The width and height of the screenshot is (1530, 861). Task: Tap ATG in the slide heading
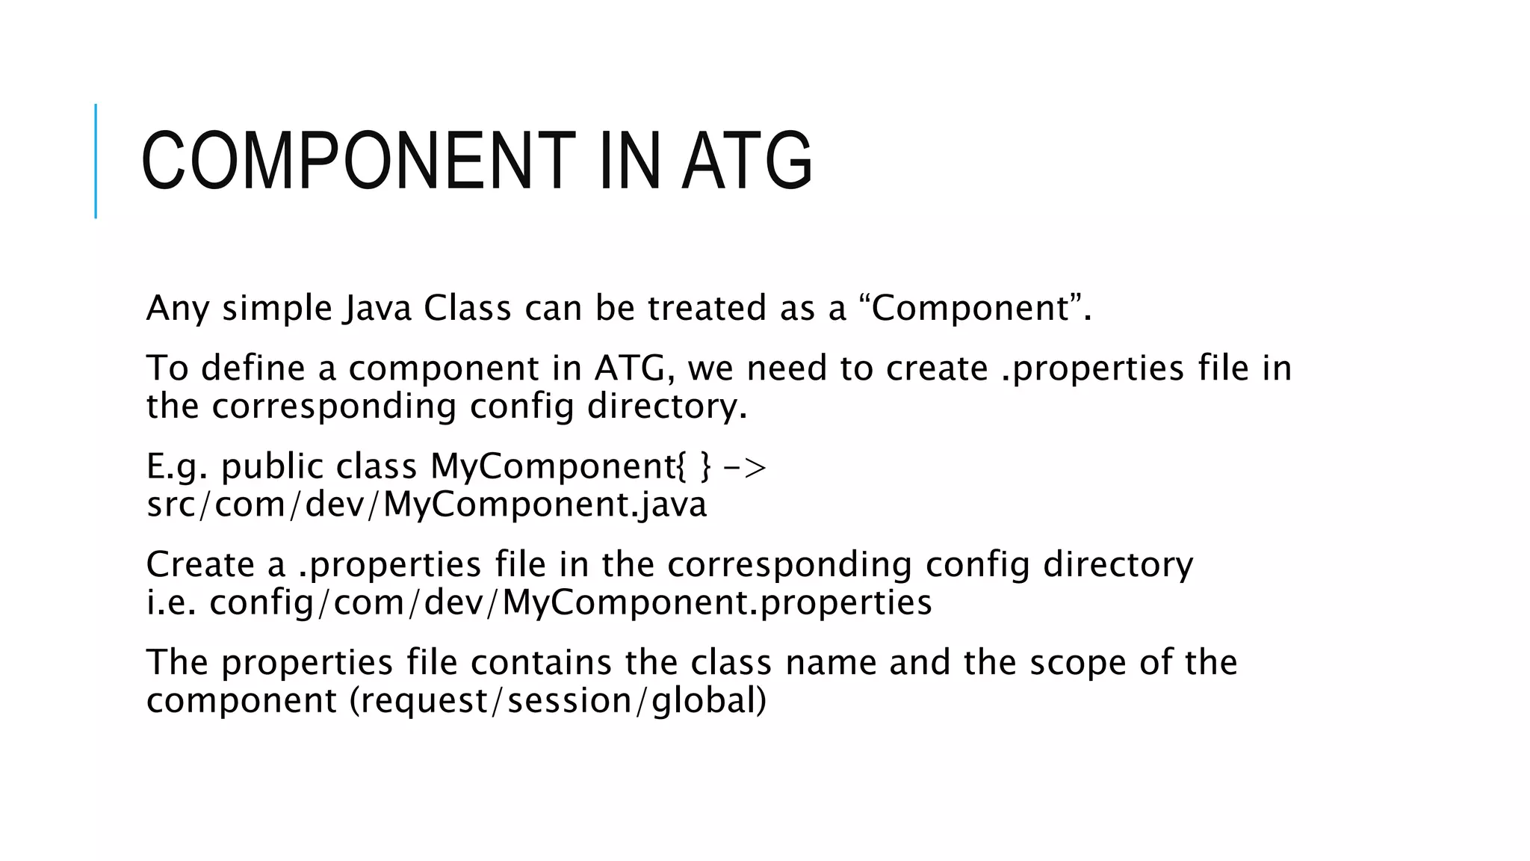(x=747, y=161)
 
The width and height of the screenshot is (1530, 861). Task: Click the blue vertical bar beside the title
(x=96, y=161)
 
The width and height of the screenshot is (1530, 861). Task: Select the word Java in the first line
(x=378, y=308)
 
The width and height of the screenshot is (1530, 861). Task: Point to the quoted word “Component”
(x=971, y=308)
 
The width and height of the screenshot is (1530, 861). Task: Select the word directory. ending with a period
(x=667, y=407)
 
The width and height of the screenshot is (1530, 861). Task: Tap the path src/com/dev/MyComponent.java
(x=427, y=504)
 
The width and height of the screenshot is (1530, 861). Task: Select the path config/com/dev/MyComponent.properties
(x=571, y=602)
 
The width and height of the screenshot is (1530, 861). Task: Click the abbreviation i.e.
(x=171, y=602)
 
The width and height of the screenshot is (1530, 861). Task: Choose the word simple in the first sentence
(x=276, y=308)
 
